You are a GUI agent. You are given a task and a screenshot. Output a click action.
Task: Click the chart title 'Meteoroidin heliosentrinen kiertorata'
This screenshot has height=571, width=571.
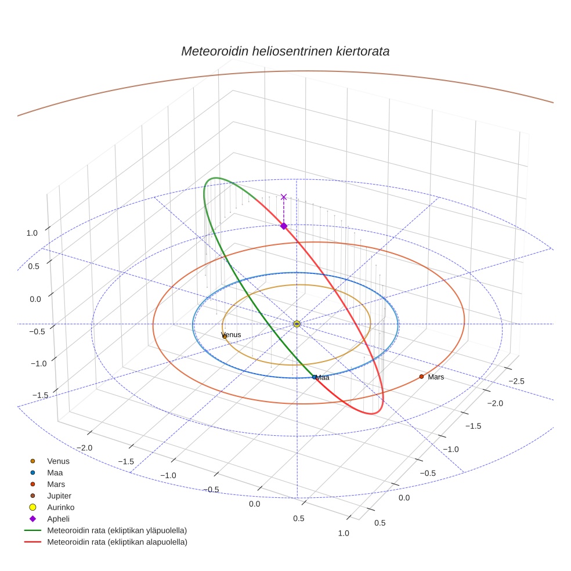285,51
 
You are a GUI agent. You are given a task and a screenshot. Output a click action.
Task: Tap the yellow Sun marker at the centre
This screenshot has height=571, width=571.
297,324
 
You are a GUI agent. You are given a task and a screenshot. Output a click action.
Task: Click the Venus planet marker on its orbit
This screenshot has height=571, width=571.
225,337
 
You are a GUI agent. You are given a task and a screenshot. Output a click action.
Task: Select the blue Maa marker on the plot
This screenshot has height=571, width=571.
314,377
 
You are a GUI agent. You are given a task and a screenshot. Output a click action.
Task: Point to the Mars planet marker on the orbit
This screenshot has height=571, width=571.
421,377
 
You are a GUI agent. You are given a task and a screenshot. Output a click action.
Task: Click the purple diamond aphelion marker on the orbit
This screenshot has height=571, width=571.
284,226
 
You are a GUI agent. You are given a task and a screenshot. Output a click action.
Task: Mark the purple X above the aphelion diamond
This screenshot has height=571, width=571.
284,197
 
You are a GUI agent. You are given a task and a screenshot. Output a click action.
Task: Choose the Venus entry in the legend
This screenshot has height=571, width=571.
58,461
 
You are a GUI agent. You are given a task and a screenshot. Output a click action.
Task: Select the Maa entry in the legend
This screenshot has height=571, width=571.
56,473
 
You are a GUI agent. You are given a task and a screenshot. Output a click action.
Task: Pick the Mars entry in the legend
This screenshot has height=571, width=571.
56,485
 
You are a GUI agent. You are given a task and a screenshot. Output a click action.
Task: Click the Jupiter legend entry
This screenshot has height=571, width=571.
59,496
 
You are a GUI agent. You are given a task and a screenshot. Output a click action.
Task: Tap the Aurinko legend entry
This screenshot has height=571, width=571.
60,507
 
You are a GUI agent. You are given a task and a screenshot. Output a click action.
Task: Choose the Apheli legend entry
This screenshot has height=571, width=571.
58,519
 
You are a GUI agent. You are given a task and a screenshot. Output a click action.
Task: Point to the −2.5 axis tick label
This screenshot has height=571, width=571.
517,381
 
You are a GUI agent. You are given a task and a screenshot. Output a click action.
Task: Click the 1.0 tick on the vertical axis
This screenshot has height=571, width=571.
32,233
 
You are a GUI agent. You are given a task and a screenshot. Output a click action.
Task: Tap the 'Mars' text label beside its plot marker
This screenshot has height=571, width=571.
436,377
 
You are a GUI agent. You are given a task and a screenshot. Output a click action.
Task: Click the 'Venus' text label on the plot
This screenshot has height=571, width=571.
232,335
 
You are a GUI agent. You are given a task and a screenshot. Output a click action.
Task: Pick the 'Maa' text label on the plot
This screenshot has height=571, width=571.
323,378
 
